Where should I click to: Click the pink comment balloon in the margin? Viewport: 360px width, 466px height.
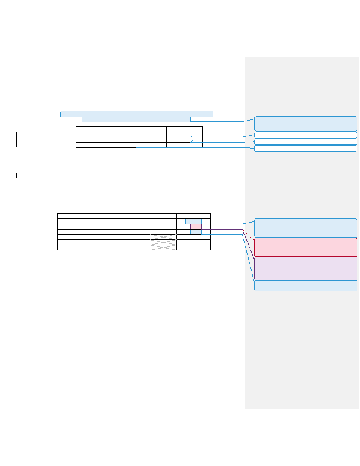point(305,247)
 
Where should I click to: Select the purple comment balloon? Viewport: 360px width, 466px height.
point(305,269)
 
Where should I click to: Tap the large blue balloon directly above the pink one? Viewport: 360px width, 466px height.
point(305,228)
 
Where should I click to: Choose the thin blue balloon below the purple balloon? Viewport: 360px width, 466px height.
point(305,285)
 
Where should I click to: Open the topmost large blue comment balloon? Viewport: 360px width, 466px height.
point(305,123)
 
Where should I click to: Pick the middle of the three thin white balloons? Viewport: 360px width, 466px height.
point(305,142)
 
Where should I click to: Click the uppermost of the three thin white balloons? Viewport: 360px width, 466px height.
point(305,135)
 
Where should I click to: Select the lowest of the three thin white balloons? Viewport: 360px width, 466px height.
point(305,149)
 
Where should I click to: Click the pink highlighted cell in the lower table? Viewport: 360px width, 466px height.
point(196,226)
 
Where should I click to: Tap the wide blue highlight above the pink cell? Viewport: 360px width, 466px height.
point(193,221)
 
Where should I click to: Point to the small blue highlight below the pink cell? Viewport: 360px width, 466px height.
point(196,231)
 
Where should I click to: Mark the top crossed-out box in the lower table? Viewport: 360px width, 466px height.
point(163,236)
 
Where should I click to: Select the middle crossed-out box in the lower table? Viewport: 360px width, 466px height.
point(163,242)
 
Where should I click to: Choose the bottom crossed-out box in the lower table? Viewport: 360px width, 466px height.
point(163,247)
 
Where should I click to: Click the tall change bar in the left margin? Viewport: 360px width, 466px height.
point(17,139)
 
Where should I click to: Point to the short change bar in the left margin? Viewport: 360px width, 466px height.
point(17,175)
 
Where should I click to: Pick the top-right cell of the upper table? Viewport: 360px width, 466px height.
point(184,129)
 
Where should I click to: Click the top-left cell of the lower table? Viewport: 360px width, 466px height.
point(117,216)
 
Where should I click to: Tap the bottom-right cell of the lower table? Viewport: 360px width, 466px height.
point(193,248)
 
